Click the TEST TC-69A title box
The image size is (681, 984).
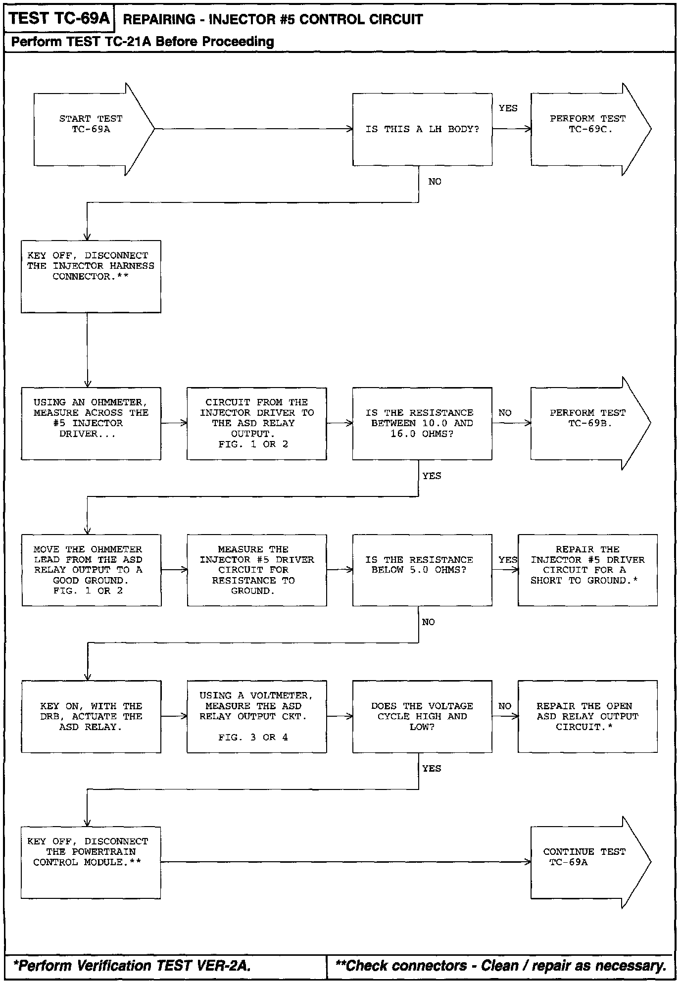59,19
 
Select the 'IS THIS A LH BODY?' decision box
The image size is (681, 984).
422,129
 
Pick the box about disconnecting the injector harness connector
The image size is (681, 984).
91,276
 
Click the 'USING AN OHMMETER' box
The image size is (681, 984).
91,423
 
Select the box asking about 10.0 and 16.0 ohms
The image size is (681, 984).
422,423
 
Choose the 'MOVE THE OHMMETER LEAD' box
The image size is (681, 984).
91,570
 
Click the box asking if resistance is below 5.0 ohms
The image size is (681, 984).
422,570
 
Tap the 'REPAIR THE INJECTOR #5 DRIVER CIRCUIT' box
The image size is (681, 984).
587,570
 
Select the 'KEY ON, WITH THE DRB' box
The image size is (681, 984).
91,716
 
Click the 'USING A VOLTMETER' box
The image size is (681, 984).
256,716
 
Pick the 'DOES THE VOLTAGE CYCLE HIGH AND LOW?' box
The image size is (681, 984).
422,716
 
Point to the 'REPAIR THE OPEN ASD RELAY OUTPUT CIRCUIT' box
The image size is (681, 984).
587,716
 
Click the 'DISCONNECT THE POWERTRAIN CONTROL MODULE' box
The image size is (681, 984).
91,862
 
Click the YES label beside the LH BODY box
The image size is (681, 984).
508,108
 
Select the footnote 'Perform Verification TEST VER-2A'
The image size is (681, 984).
132,966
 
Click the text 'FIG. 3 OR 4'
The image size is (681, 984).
253,738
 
